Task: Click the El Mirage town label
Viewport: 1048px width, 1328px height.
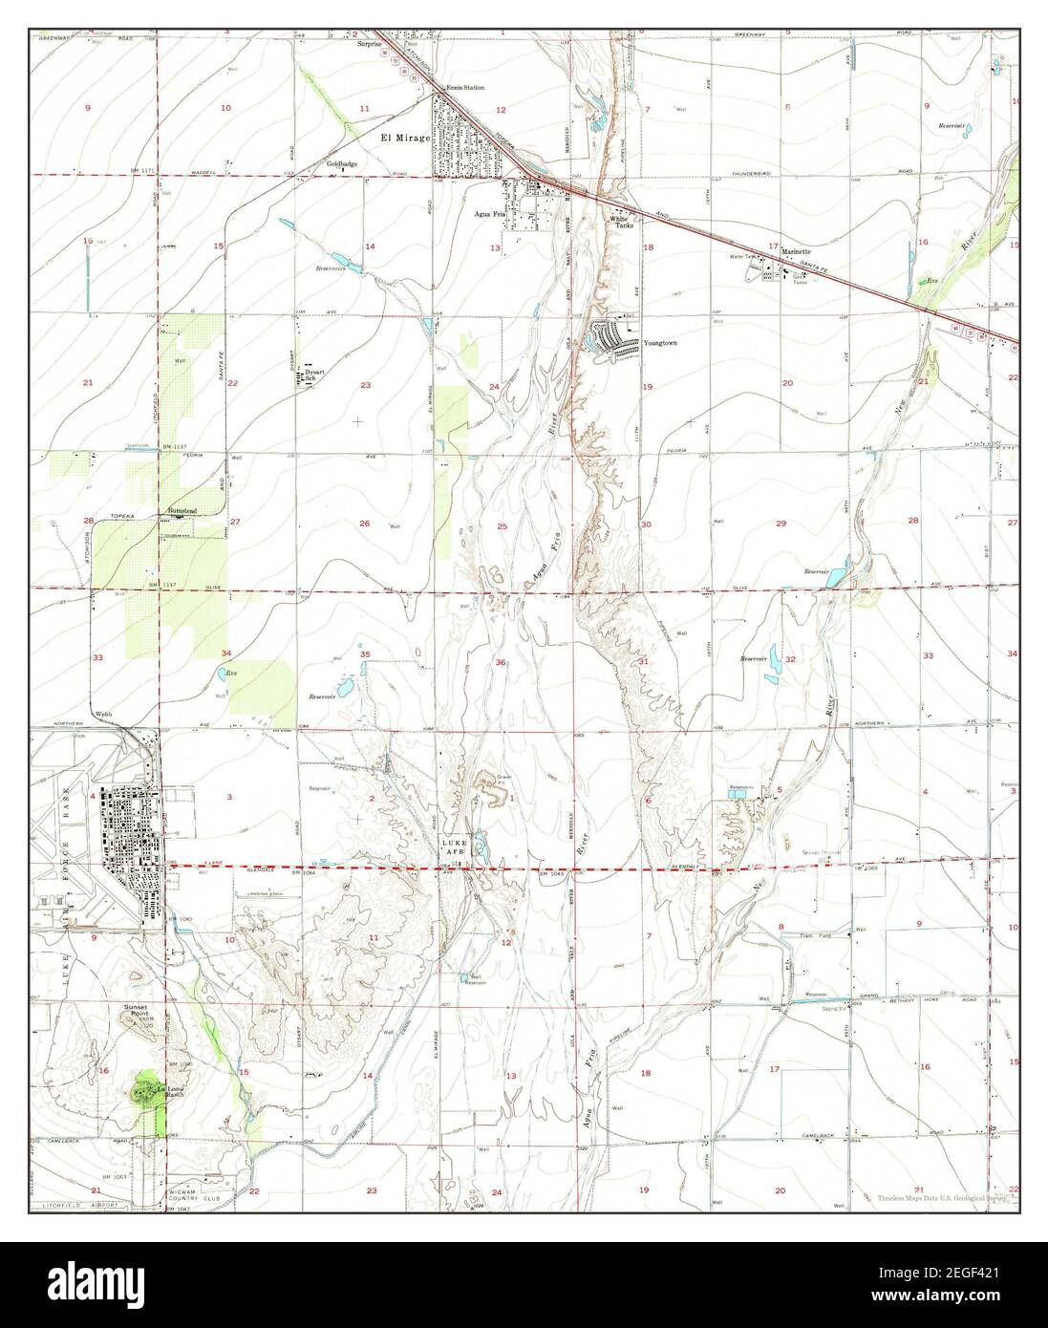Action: pyautogui.click(x=405, y=139)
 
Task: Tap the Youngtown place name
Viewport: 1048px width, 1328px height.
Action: pyautogui.click(x=659, y=342)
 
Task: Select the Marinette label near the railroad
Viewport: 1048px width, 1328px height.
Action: pyautogui.click(x=795, y=252)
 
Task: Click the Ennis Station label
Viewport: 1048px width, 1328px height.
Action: pyautogui.click(x=468, y=88)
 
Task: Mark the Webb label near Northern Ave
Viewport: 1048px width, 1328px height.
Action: pyautogui.click(x=104, y=714)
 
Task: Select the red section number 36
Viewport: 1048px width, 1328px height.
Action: pyautogui.click(x=501, y=662)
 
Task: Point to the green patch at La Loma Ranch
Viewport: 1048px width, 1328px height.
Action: pyautogui.click(x=147, y=1088)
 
